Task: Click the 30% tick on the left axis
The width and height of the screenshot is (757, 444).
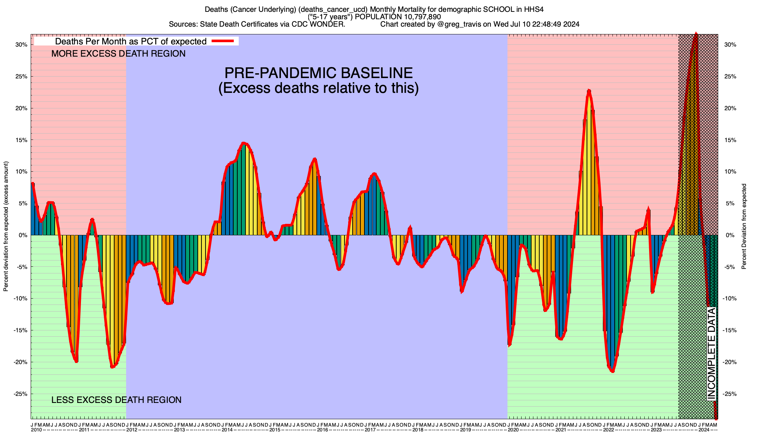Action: (x=21, y=45)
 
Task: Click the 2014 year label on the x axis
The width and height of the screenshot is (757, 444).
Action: (x=227, y=430)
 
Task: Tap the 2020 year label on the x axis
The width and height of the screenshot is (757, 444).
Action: (x=513, y=430)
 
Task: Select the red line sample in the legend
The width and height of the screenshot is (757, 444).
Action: (x=223, y=41)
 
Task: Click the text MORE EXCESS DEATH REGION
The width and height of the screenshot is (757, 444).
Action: (x=118, y=54)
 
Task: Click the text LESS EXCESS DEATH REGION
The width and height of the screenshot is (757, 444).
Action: (x=116, y=400)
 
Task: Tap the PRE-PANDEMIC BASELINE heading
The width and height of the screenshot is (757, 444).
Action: (x=318, y=73)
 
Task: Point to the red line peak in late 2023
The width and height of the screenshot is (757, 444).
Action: (x=696, y=34)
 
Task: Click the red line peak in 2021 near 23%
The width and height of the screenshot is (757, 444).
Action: (x=589, y=90)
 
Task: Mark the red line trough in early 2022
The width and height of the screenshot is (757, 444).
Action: (x=612, y=371)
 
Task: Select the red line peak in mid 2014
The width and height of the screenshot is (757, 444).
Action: (x=243, y=143)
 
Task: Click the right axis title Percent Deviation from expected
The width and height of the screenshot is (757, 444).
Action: (x=744, y=226)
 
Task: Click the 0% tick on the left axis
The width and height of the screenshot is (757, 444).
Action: (x=23, y=235)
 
